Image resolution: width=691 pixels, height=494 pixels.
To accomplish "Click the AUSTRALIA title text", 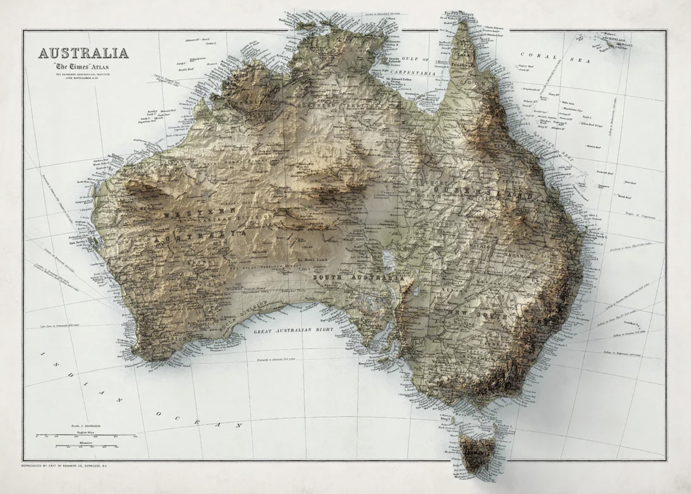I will (x=83, y=53).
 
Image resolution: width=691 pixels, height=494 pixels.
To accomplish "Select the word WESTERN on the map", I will (x=200, y=213).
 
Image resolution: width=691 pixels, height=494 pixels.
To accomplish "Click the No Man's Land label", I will (x=312, y=260).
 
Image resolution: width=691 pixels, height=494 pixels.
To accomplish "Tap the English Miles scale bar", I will (x=86, y=435).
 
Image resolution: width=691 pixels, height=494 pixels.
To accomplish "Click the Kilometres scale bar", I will (x=86, y=446).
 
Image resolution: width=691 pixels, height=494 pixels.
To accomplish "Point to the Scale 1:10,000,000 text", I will (x=85, y=426).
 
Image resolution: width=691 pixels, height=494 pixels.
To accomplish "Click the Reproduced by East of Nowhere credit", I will (x=64, y=466).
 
